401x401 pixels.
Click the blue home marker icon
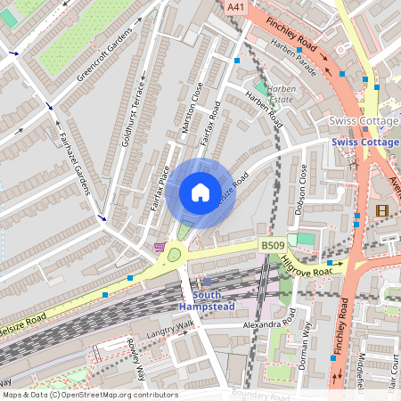(x=200, y=192)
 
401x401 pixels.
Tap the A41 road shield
(x=236, y=7)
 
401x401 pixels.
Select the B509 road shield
(x=272, y=244)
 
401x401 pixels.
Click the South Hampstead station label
(x=208, y=301)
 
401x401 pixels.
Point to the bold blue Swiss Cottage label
(x=365, y=143)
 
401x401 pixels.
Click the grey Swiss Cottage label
(x=364, y=120)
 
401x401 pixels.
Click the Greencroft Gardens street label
(x=103, y=54)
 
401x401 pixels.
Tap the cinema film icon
(x=383, y=210)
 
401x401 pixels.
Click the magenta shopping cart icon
(x=160, y=247)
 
